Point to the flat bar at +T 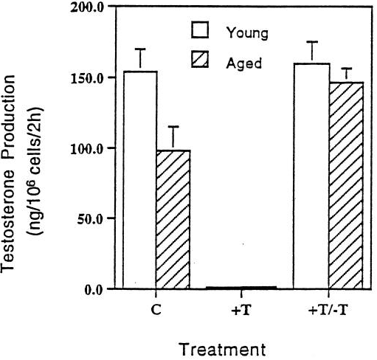coord(241,287)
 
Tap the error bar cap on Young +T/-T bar coord(311,42)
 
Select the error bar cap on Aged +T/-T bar coord(346,69)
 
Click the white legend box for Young coord(201,32)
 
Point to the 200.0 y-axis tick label coord(90,7)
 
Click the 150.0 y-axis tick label coord(90,77)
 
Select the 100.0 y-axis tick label coord(90,148)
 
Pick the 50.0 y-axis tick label coord(92,218)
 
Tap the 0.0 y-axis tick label coord(95,289)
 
